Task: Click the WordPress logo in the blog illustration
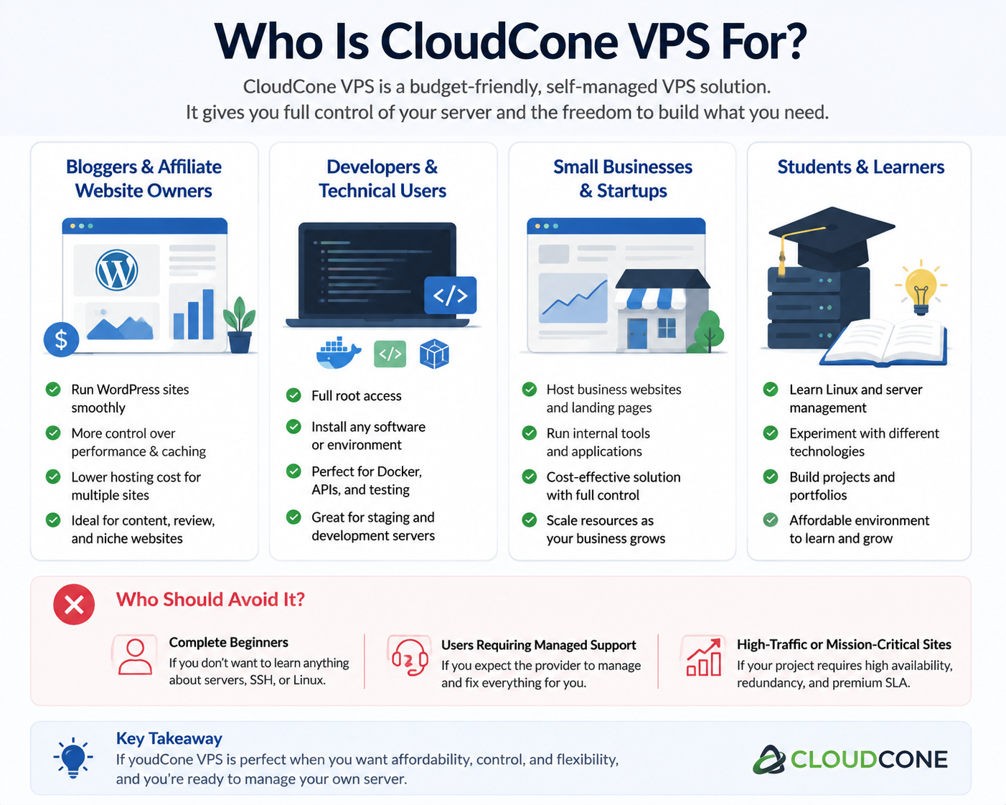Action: click(116, 270)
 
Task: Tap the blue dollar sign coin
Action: click(61, 339)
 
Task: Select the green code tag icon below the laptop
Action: click(390, 354)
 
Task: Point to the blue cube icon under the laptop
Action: click(434, 354)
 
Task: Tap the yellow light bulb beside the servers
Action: click(921, 287)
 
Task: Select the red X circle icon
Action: click(74, 604)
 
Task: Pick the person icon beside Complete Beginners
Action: click(135, 656)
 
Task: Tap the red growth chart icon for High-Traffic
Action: click(703, 657)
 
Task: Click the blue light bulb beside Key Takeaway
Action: click(73, 758)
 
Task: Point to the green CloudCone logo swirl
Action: click(769, 760)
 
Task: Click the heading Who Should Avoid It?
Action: click(210, 599)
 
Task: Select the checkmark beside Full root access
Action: click(293, 395)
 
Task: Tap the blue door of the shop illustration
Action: click(637, 334)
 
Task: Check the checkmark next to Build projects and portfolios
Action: click(771, 477)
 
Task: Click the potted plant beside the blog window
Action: click(240, 325)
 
